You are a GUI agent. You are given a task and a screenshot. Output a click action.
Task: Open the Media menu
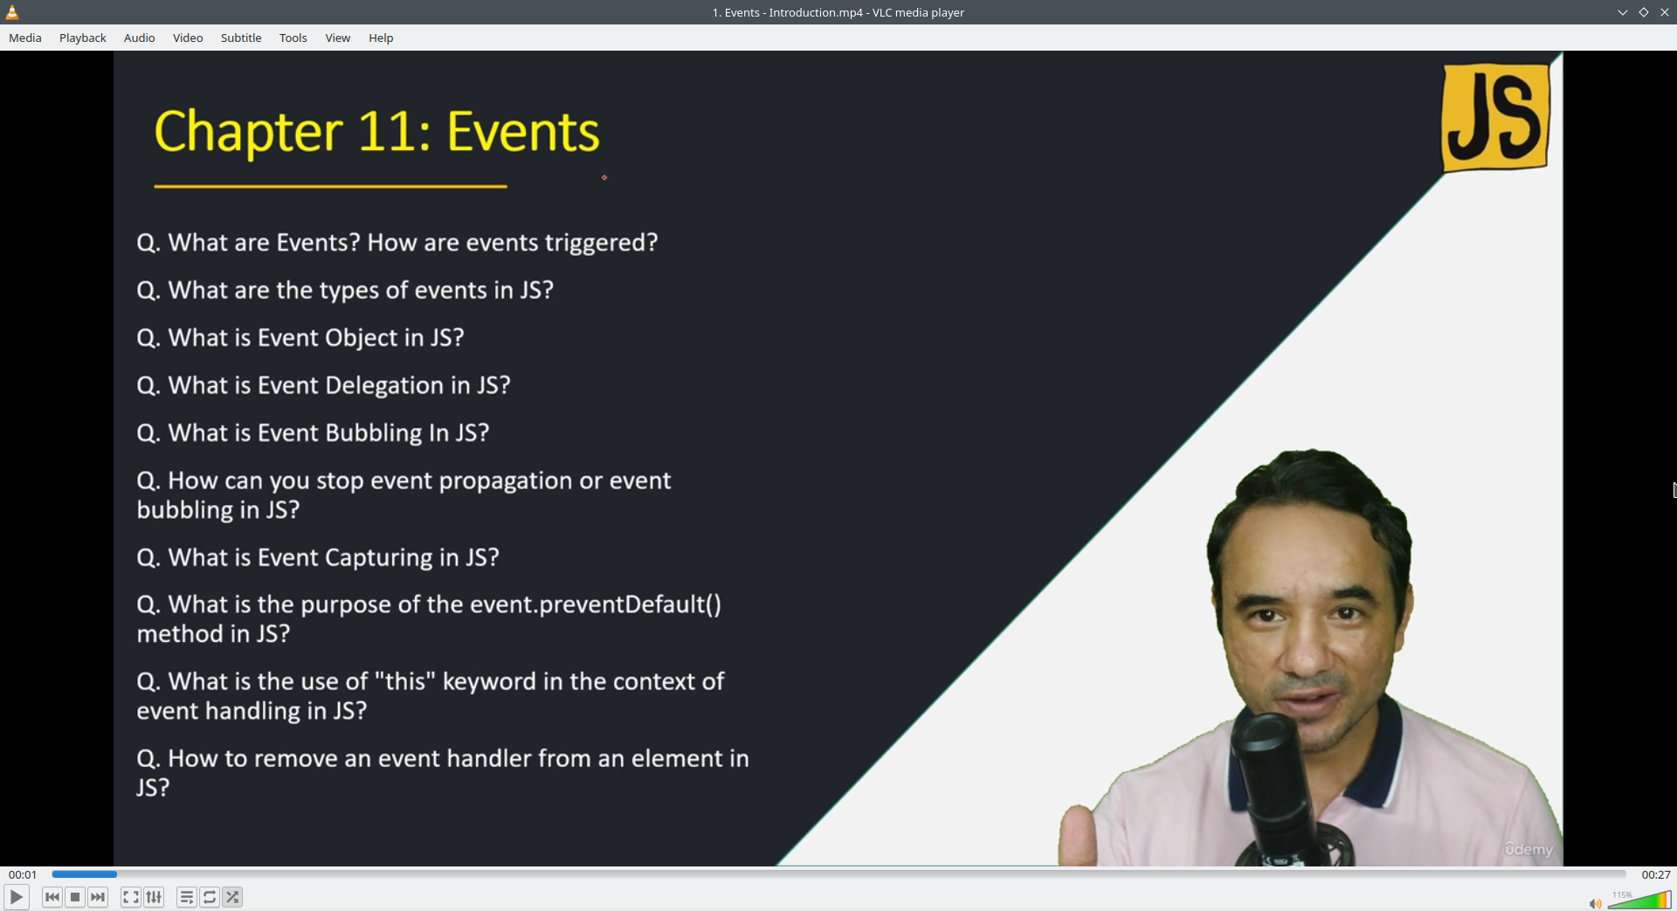coord(25,38)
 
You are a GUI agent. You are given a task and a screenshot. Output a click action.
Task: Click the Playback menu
coord(83,38)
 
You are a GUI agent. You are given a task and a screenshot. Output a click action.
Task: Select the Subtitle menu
coord(241,38)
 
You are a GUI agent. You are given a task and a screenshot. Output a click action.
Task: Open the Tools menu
coord(293,38)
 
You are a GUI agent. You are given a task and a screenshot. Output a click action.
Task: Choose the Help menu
coord(381,38)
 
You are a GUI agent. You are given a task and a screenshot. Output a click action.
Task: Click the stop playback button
coord(75,897)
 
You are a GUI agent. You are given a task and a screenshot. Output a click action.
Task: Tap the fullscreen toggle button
coord(131,897)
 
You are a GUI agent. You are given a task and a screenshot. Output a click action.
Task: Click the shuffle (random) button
coord(232,897)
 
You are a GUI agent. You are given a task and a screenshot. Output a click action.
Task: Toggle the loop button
coord(210,897)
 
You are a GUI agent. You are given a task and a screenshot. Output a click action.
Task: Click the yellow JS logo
coord(1496,117)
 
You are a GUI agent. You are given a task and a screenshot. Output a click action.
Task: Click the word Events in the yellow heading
coord(523,133)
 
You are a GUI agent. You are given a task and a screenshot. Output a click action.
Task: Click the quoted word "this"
coord(405,681)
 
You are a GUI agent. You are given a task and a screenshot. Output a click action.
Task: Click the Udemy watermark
coord(1529,849)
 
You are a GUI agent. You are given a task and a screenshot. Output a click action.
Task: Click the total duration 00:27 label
coord(1656,874)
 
